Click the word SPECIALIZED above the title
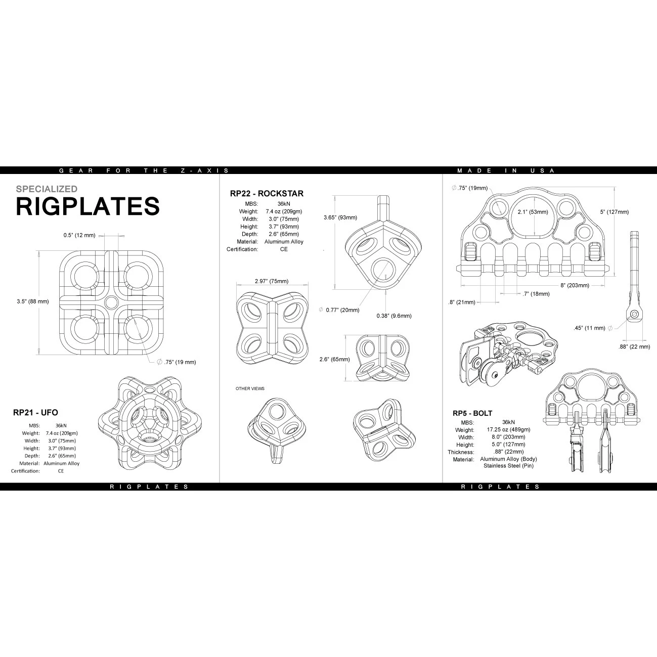pyautogui.click(x=47, y=189)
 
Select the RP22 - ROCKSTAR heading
pyautogui.click(x=267, y=194)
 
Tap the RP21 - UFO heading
pyautogui.click(x=35, y=413)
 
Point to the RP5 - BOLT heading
pyautogui.click(x=472, y=413)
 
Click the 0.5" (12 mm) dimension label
pyautogui.click(x=79, y=235)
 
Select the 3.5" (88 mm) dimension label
pyautogui.click(x=33, y=301)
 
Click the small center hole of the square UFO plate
pyautogui.click(x=111, y=302)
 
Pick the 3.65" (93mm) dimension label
pyautogui.click(x=340, y=217)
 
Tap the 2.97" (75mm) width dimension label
pyautogui.click(x=272, y=281)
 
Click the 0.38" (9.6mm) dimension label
pyautogui.click(x=394, y=316)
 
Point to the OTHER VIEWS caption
pyautogui.click(x=250, y=388)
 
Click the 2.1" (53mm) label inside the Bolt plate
pyautogui.click(x=533, y=212)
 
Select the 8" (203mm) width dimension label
pyautogui.click(x=575, y=285)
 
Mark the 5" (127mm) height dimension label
pyautogui.click(x=615, y=212)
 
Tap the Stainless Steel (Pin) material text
pyautogui.click(x=508, y=466)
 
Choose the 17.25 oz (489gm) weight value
pyautogui.click(x=508, y=429)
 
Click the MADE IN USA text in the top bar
pyautogui.click(x=506, y=170)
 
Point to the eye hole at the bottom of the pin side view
pyautogui.click(x=634, y=314)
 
